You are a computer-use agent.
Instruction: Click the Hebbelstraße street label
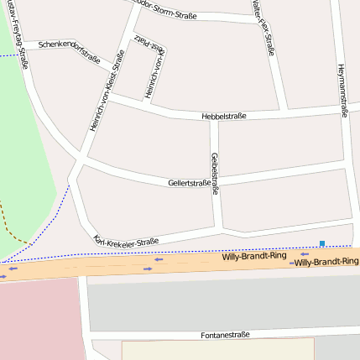[x=224, y=116]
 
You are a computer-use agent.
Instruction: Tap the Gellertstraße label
[x=189, y=182]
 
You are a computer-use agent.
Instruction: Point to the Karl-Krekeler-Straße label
[x=127, y=241]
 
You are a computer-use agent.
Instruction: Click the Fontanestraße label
[x=226, y=335]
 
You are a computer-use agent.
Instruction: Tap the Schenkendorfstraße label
[x=70, y=51]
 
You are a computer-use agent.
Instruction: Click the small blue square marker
[x=321, y=243]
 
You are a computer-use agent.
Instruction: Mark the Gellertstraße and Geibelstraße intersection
[x=214, y=180]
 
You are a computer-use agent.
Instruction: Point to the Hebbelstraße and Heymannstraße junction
[x=345, y=108]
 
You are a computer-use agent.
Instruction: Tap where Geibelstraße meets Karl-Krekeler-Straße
[x=217, y=227]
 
